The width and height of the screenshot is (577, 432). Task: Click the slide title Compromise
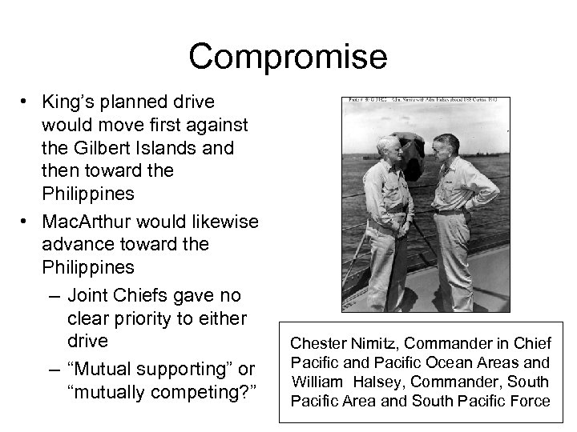[x=288, y=58]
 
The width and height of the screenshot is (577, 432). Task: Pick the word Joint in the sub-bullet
[x=90, y=294]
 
